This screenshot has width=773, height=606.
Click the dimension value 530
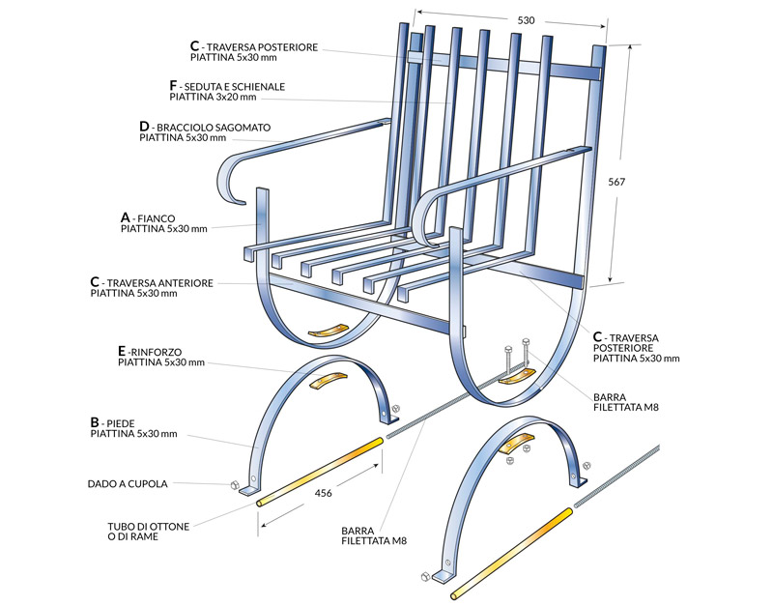tap(526, 20)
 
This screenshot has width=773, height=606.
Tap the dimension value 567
tap(616, 182)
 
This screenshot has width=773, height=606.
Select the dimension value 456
tap(324, 493)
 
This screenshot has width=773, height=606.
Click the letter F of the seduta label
tap(173, 86)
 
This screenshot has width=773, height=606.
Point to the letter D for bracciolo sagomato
tap(144, 127)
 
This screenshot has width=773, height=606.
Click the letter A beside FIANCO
tap(126, 217)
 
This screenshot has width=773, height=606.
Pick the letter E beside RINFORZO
tap(122, 351)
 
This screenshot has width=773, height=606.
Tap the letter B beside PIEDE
tap(95, 422)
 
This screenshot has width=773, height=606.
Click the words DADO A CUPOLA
tap(128, 484)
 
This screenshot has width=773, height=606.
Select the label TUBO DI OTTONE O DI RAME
tap(149, 532)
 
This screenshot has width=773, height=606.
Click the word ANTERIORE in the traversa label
tap(185, 283)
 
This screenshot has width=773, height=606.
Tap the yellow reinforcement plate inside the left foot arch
tap(328, 380)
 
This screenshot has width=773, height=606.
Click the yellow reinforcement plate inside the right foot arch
tap(517, 442)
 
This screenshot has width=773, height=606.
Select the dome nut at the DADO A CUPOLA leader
tap(235, 484)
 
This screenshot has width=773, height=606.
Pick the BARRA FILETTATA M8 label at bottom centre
tap(374, 535)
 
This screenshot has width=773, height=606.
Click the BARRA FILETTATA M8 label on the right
tap(626, 402)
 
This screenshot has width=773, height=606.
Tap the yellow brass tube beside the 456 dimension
tap(320, 472)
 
